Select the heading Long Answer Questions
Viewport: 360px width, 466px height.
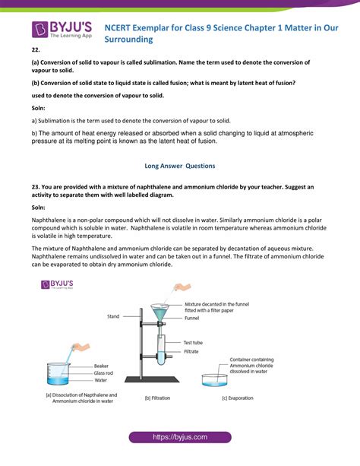[179, 165]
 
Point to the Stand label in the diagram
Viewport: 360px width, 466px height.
[113, 314]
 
